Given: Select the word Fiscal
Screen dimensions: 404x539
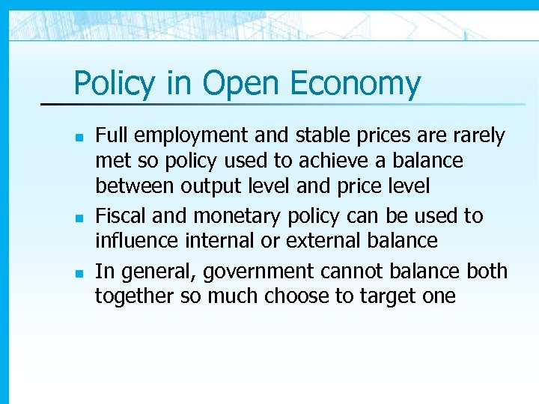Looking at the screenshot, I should point(121,215).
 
